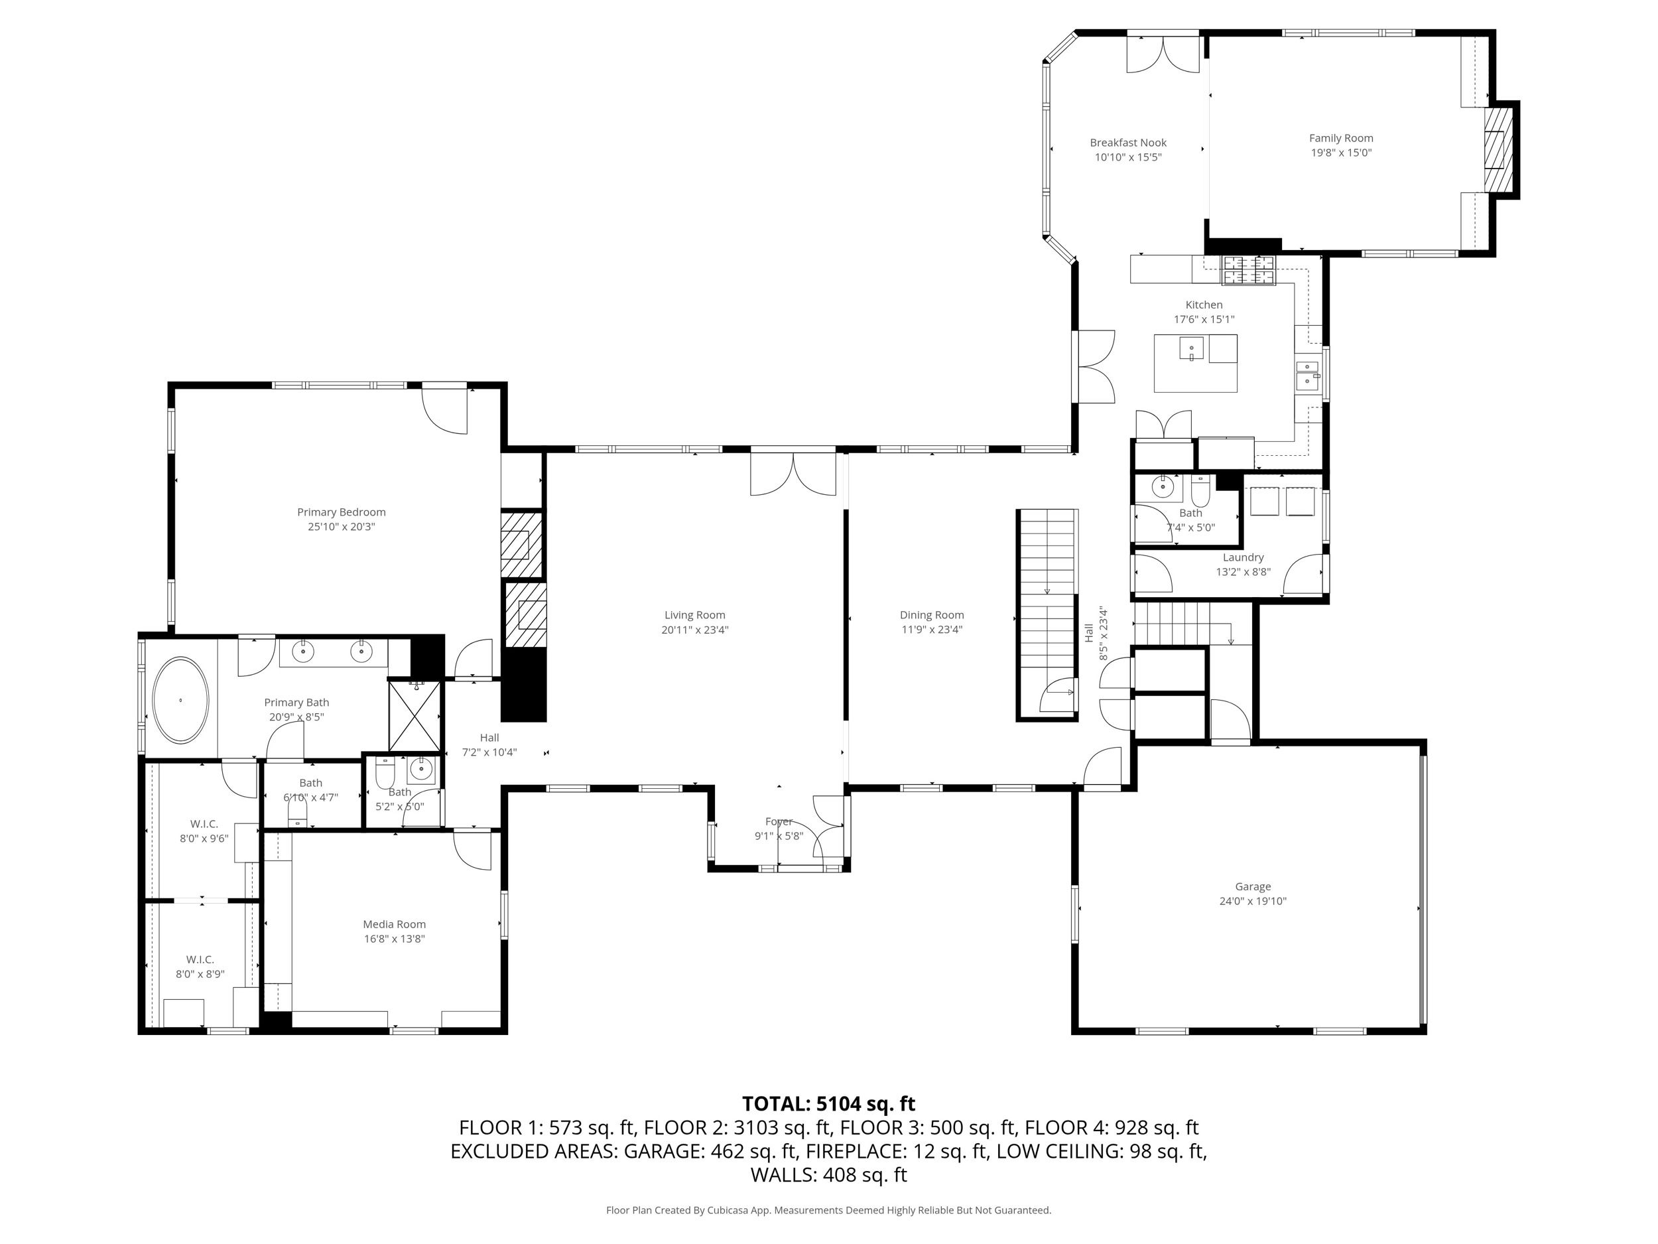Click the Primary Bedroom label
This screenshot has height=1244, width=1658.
341,512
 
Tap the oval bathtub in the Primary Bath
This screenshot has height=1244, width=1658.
180,701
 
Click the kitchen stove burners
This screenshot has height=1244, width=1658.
1249,270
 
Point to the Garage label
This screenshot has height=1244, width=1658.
1253,886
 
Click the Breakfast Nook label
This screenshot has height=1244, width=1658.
1128,143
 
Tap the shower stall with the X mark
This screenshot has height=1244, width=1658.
414,715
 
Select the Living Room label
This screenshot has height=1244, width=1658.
695,615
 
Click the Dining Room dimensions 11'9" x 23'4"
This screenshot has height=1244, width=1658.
932,630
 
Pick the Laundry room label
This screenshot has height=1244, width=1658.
1243,557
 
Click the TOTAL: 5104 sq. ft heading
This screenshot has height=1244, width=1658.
828,1104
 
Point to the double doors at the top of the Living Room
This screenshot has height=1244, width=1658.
793,472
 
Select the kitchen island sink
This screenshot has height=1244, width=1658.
1191,349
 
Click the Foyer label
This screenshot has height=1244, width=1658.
779,822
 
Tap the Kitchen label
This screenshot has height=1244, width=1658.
1204,305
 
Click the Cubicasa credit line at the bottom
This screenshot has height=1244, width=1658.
828,1210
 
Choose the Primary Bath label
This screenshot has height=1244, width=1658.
297,703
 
